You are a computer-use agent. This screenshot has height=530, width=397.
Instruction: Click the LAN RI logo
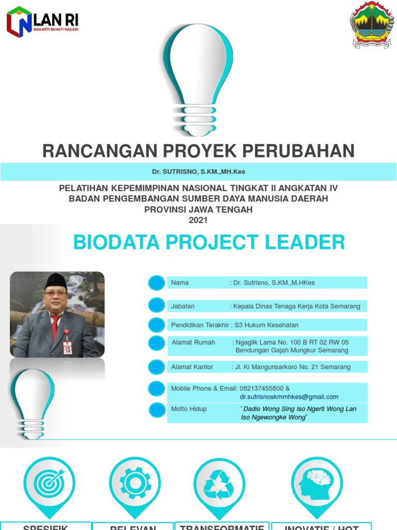[42, 22]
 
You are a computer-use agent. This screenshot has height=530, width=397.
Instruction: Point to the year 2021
[198, 220]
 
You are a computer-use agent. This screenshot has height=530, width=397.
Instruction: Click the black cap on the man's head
[56, 281]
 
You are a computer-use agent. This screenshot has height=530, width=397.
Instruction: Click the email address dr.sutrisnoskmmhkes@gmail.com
[289, 397]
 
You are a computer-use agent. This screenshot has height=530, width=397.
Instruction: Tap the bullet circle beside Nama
[156, 283]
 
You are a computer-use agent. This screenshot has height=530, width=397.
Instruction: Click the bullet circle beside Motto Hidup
[157, 410]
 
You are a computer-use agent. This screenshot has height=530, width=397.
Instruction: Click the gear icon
[135, 482]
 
